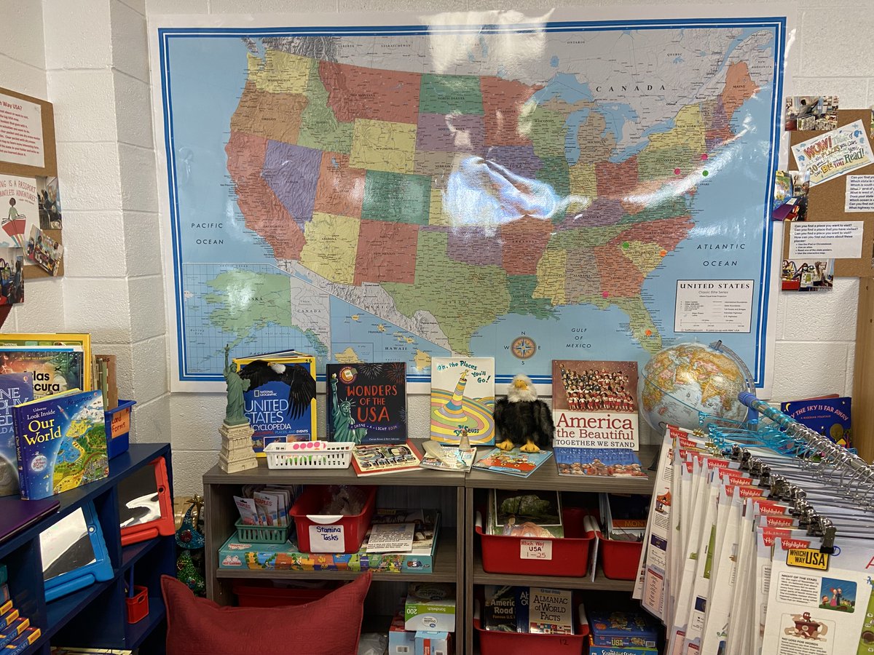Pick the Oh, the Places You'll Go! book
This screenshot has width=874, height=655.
(x=462, y=400)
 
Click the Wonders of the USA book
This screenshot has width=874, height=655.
(x=366, y=403)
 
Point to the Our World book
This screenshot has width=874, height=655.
(x=61, y=443)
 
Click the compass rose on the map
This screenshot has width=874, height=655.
(x=523, y=347)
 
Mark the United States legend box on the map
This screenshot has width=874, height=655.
(x=714, y=305)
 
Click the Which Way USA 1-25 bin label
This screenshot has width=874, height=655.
(x=535, y=549)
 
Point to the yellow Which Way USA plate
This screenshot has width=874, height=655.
(x=807, y=558)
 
